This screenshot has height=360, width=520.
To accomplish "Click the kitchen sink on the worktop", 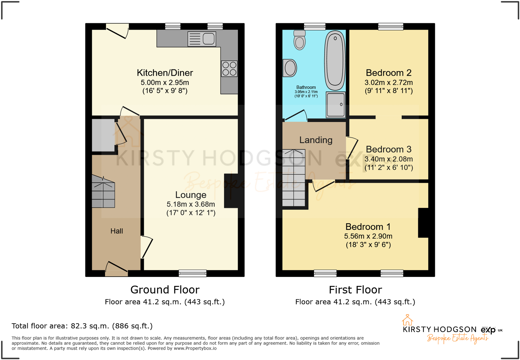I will [202, 39].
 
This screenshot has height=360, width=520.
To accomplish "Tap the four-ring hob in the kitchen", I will [229, 69].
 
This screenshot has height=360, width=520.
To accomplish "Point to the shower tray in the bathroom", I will [336, 104].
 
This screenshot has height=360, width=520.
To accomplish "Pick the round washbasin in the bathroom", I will [290, 68].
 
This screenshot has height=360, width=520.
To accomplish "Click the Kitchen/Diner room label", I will [165, 73].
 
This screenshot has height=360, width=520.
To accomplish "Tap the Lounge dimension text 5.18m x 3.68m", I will [191, 204].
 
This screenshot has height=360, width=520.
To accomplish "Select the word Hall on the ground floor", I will [117, 231].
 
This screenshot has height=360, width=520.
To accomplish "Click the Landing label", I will [316, 140].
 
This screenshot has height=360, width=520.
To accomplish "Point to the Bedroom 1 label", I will [368, 227].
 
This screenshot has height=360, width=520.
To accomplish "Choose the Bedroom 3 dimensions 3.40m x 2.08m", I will [389, 159].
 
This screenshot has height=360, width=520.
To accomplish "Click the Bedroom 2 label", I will [389, 73].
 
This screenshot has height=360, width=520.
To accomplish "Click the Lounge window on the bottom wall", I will [192, 274].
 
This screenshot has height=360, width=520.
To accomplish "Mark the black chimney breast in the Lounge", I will [231, 191].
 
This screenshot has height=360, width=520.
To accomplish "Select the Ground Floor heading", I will [165, 290].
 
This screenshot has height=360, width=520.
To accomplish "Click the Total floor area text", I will [82, 326].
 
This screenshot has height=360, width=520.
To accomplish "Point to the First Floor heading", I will [355, 290].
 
